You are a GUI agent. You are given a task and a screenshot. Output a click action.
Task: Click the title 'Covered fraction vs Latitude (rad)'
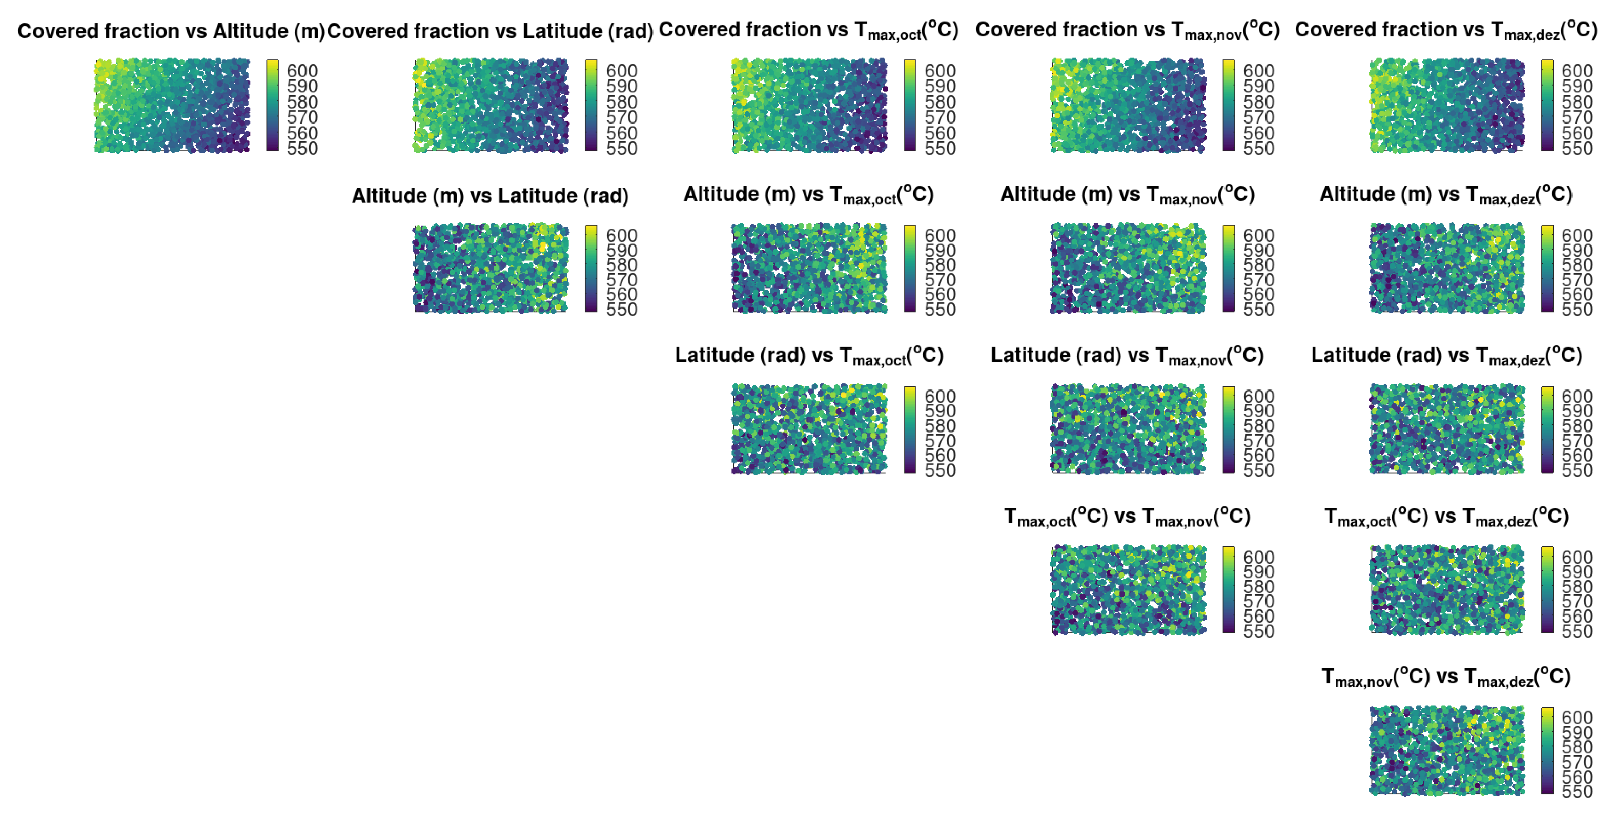tap(491, 31)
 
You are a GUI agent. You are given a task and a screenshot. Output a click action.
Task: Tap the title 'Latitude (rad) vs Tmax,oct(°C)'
tap(808, 355)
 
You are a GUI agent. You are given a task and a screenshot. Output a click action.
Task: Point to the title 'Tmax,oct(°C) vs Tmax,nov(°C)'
tap(1127, 516)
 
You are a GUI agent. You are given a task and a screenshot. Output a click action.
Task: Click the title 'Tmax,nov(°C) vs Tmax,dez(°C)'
tap(1446, 676)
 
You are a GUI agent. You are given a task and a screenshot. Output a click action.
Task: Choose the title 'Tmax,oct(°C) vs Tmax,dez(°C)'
tap(1446, 516)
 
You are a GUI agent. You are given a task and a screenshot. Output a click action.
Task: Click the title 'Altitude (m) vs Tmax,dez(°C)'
tap(1446, 194)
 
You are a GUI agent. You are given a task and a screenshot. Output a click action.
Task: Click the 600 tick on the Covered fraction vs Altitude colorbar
tap(302, 71)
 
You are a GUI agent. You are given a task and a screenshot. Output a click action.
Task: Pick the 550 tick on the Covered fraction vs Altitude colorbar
tap(302, 149)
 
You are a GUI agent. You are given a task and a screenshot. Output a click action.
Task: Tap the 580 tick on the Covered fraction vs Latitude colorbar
tap(621, 101)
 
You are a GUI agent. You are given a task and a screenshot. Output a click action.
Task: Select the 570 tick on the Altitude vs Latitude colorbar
tap(621, 280)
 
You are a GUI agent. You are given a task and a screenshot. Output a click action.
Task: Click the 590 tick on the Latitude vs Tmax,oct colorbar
tap(940, 411)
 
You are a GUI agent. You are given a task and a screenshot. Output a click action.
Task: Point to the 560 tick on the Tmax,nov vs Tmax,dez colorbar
tap(1577, 776)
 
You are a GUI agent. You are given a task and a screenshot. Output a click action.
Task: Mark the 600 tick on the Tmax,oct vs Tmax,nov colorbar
tap(1259, 558)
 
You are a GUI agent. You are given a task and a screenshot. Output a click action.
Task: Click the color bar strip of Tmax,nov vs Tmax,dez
tap(1547, 750)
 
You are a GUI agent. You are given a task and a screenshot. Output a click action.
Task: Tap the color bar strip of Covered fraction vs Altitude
tap(272, 105)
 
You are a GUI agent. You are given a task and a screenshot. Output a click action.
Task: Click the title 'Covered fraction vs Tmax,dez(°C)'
tap(1446, 29)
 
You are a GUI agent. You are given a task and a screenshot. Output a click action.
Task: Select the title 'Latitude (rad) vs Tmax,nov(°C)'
tap(1127, 355)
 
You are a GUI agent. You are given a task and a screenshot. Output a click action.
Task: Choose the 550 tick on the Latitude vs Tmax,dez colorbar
tap(1577, 470)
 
